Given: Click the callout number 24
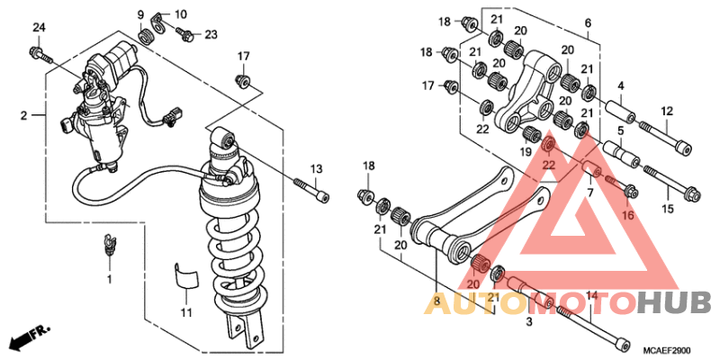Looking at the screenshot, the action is tap(39, 28).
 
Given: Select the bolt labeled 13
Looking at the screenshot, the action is tap(311, 189).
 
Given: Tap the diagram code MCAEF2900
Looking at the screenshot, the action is tap(666, 350).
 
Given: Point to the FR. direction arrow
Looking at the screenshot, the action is tap(31, 335).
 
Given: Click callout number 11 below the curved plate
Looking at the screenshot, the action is tap(185, 313).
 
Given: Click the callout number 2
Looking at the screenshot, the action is tap(23, 116).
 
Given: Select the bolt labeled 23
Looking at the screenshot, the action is tap(185, 33).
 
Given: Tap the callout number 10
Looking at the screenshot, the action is tap(181, 14).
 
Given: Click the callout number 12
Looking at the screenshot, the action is tap(666, 111).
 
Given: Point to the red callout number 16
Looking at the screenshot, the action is tap(627, 214).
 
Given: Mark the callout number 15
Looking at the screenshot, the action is tap(667, 209).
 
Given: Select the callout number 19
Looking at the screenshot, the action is tap(525, 151).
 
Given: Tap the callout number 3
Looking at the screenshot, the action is tap(529, 322).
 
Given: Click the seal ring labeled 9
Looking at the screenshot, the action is tap(145, 36).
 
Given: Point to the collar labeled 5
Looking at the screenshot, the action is tap(621, 153).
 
